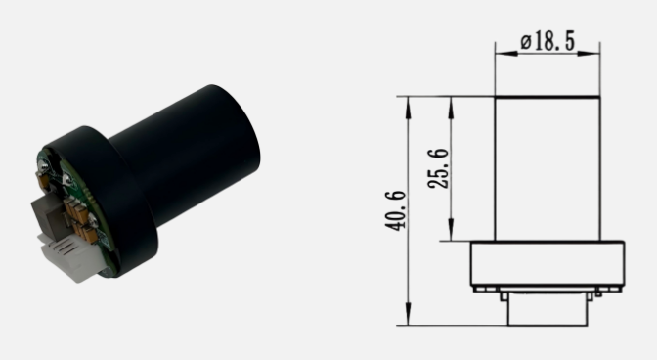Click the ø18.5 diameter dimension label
point(548,41)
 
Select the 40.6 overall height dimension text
point(396,210)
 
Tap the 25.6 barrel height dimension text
point(438,168)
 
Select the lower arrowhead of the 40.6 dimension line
point(408,312)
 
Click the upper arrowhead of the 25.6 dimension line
point(451,108)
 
